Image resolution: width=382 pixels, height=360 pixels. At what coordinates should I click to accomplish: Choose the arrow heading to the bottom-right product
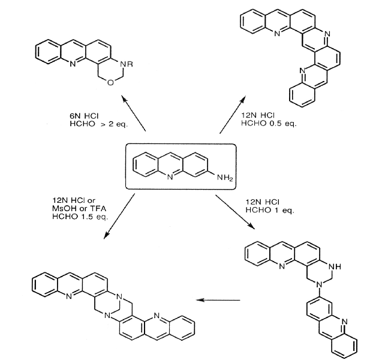point(239,217)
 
